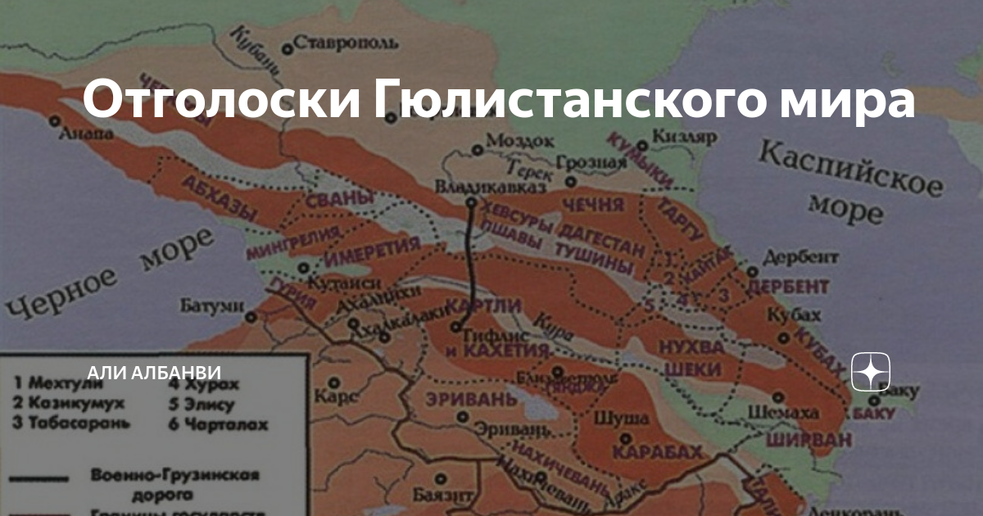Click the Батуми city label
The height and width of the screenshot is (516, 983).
[213, 306]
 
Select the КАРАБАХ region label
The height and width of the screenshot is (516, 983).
[658, 452]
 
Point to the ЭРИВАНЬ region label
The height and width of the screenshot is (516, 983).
[471, 401]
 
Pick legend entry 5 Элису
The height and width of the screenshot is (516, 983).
[202, 404]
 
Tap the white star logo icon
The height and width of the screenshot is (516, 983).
[871, 373]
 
